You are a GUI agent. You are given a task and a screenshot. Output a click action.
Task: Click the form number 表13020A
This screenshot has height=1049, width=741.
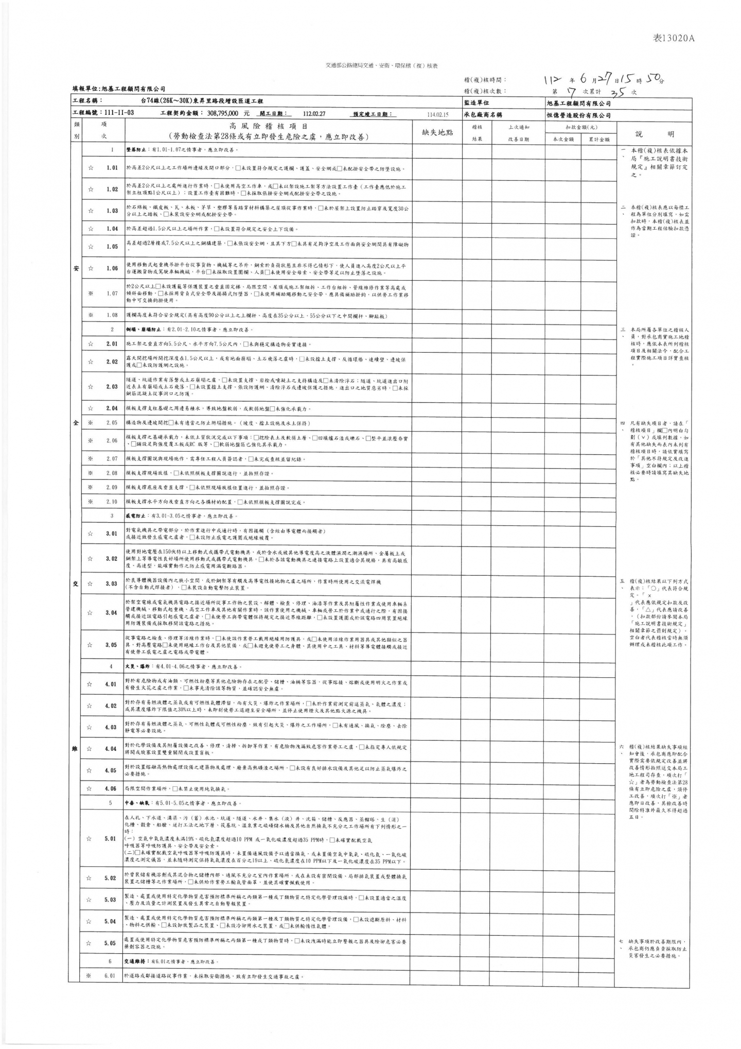click(x=674, y=39)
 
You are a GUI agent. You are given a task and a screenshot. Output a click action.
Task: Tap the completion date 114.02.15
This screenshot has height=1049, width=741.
click(x=438, y=115)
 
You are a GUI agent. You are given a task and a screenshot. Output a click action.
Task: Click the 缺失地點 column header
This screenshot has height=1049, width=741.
click(x=437, y=132)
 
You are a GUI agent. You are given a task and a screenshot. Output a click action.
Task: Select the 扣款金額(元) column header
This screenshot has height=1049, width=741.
click(x=581, y=127)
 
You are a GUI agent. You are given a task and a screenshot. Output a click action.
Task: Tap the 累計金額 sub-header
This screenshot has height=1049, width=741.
click(x=599, y=139)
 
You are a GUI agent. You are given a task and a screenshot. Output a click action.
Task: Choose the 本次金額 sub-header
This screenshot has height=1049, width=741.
click(x=563, y=139)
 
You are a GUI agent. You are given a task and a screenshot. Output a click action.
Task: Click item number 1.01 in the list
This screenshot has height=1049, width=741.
click(x=112, y=168)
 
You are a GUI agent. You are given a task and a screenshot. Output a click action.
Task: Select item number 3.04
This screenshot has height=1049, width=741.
click(x=112, y=613)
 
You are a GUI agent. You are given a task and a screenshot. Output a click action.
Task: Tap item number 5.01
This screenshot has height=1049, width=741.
click(x=111, y=839)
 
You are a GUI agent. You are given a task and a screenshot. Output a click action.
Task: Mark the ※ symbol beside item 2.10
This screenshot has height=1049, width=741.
click(x=90, y=502)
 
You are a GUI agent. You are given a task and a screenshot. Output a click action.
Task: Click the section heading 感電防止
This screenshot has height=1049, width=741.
click(x=135, y=516)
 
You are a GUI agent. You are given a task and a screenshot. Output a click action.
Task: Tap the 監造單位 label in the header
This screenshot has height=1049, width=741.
click(x=477, y=103)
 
